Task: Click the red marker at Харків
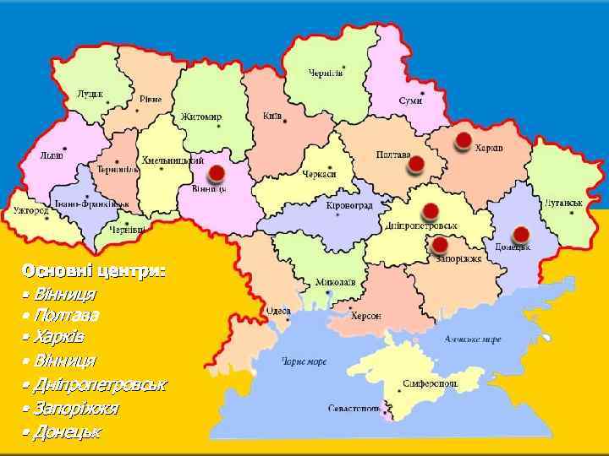coord(463,140)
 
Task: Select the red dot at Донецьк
coord(521,234)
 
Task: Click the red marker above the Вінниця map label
coord(216,173)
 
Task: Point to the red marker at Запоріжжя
coord(439,245)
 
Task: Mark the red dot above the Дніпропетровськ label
coord(430,210)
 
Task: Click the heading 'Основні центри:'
coord(94,271)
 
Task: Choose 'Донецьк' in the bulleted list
coord(67,432)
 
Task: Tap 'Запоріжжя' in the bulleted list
coord(76,409)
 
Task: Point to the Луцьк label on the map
coord(91,94)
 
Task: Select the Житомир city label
coord(200,117)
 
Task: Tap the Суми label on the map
coord(411,100)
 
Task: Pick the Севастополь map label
coord(354,408)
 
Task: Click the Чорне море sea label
coord(304,361)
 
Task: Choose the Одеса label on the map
coord(278,311)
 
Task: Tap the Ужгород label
coord(30,210)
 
